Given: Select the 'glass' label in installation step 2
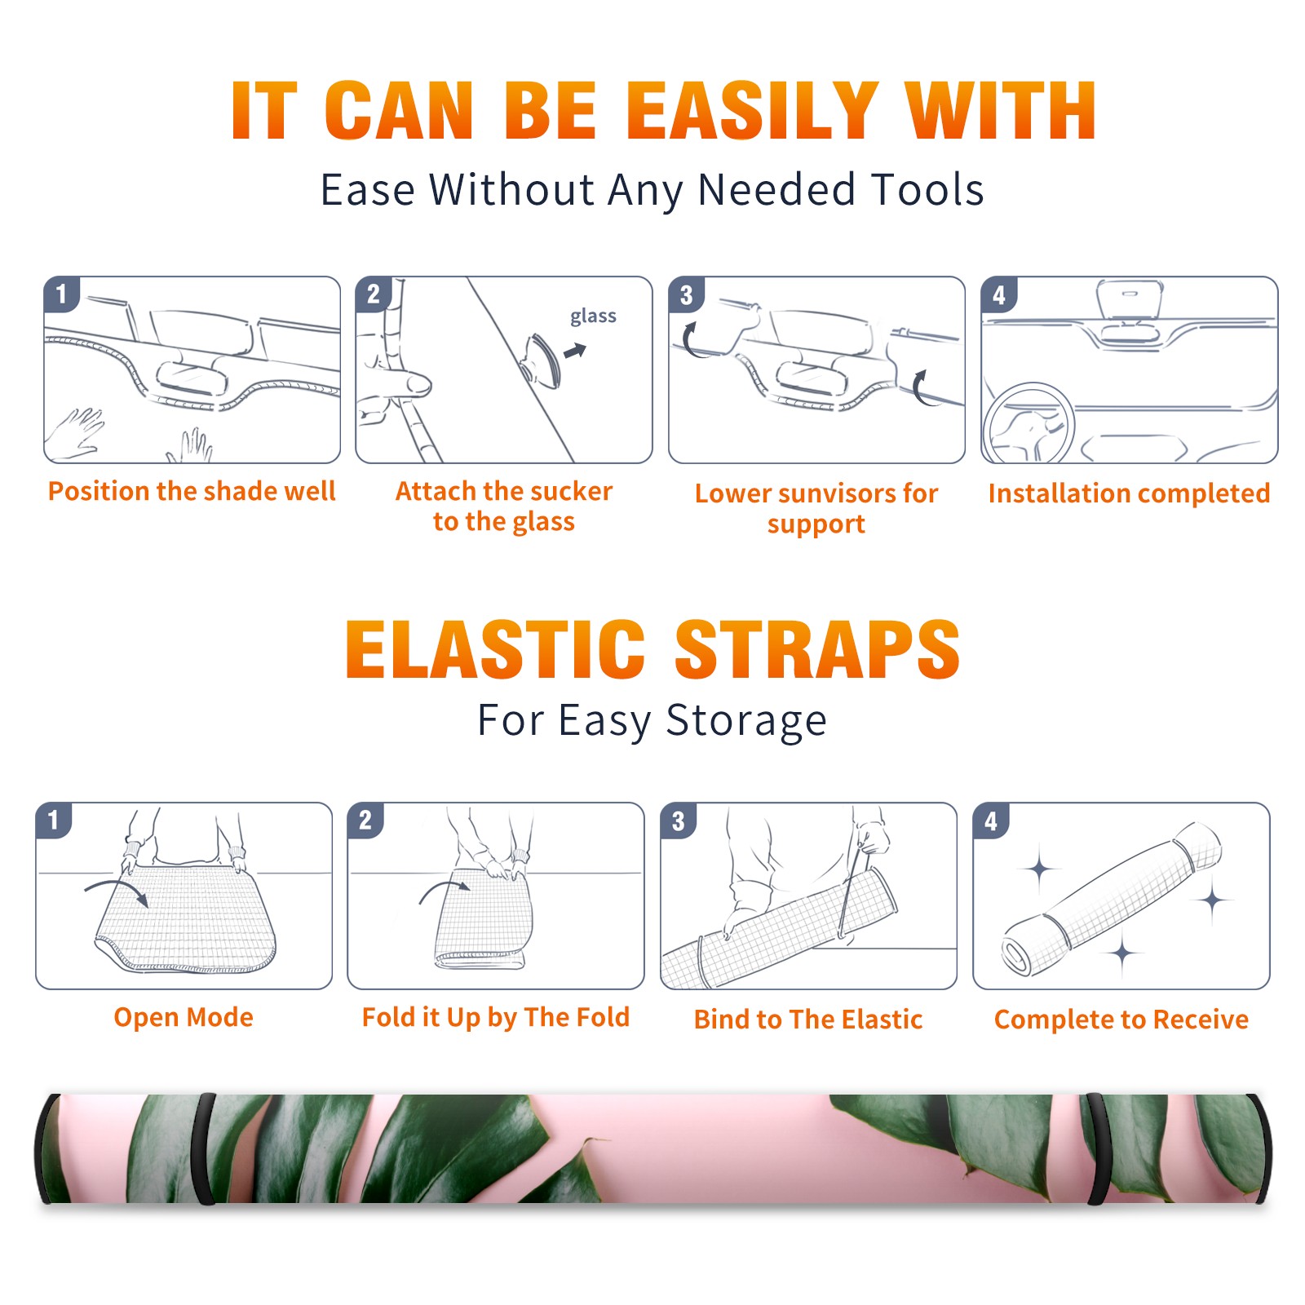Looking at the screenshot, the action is pyautogui.click(x=593, y=316).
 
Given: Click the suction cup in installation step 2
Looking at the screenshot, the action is pyautogui.click(x=541, y=360).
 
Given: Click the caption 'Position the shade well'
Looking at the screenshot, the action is pyautogui.click(x=192, y=491).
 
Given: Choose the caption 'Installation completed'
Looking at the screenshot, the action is pyautogui.click(x=1129, y=493).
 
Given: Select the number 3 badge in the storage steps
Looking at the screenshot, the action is pyautogui.click(x=679, y=821).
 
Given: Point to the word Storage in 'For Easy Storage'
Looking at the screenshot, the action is pyautogui.click(x=746, y=721).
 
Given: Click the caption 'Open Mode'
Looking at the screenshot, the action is pyautogui.click(x=184, y=1017).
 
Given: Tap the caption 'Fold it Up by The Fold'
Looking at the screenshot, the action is pyautogui.click(x=496, y=1017).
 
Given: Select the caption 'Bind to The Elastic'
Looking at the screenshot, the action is pyautogui.click(x=808, y=1019).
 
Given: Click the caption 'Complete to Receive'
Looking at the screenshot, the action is pyautogui.click(x=1121, y=1019).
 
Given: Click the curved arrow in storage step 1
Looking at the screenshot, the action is pyautogui.click(x=117, y=884).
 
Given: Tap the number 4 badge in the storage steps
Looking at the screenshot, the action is pyautogui.click(x=991, y=821).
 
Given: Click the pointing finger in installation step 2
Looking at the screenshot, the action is pyautogui.click(x=396, y=383).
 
